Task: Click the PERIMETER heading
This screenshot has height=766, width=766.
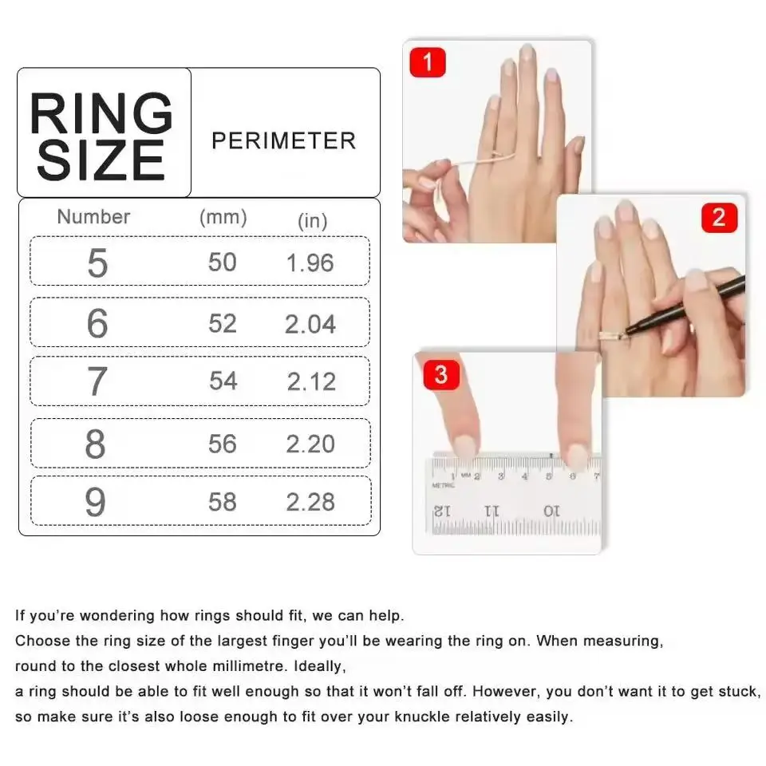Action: tap(283, 141)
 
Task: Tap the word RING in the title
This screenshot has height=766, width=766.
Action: tap(101, 114)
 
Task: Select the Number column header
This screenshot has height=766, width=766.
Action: tap(93, 216)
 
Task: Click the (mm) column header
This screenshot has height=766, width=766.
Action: tap(223, 216)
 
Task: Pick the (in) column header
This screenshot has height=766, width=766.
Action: tap(312, 221)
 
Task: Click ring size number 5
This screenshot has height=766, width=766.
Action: tap(97, 263)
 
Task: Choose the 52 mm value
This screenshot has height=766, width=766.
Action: tap(223, 323)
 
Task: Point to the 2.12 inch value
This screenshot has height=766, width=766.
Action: tap(311, 382)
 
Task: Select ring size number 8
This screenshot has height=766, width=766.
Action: tap(95, 444)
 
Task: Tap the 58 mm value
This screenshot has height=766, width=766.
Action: tap(223, 501)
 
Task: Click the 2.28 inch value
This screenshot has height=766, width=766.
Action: tap(310, 502)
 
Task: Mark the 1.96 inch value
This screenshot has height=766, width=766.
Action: tap(310, 263)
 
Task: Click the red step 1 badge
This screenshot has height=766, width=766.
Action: tap(428, 62)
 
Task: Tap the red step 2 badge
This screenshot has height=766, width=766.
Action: tap(719, 217)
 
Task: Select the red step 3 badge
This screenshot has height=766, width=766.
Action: tap(441, 373)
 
